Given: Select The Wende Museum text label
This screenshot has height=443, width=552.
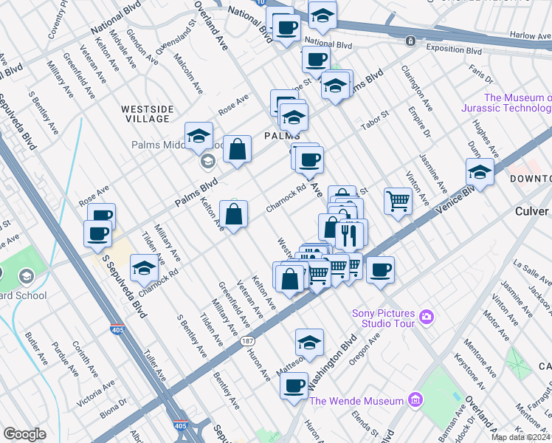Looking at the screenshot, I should pos(357,401).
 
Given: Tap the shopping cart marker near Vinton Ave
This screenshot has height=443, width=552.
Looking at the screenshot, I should pos(398,200).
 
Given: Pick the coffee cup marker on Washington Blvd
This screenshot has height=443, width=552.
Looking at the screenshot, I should pos(294,385).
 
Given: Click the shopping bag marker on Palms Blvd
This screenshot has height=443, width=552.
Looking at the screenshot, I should pos(238,150).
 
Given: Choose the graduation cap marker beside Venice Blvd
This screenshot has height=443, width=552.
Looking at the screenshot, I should pos(480,173).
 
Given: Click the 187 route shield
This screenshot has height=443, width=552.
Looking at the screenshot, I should pos(248,340).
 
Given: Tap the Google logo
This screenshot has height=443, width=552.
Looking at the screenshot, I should pos(24,434).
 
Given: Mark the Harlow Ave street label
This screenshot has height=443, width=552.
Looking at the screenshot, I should pos(530,35).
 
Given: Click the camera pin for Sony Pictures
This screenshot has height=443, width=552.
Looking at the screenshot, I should pos(426,317).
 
